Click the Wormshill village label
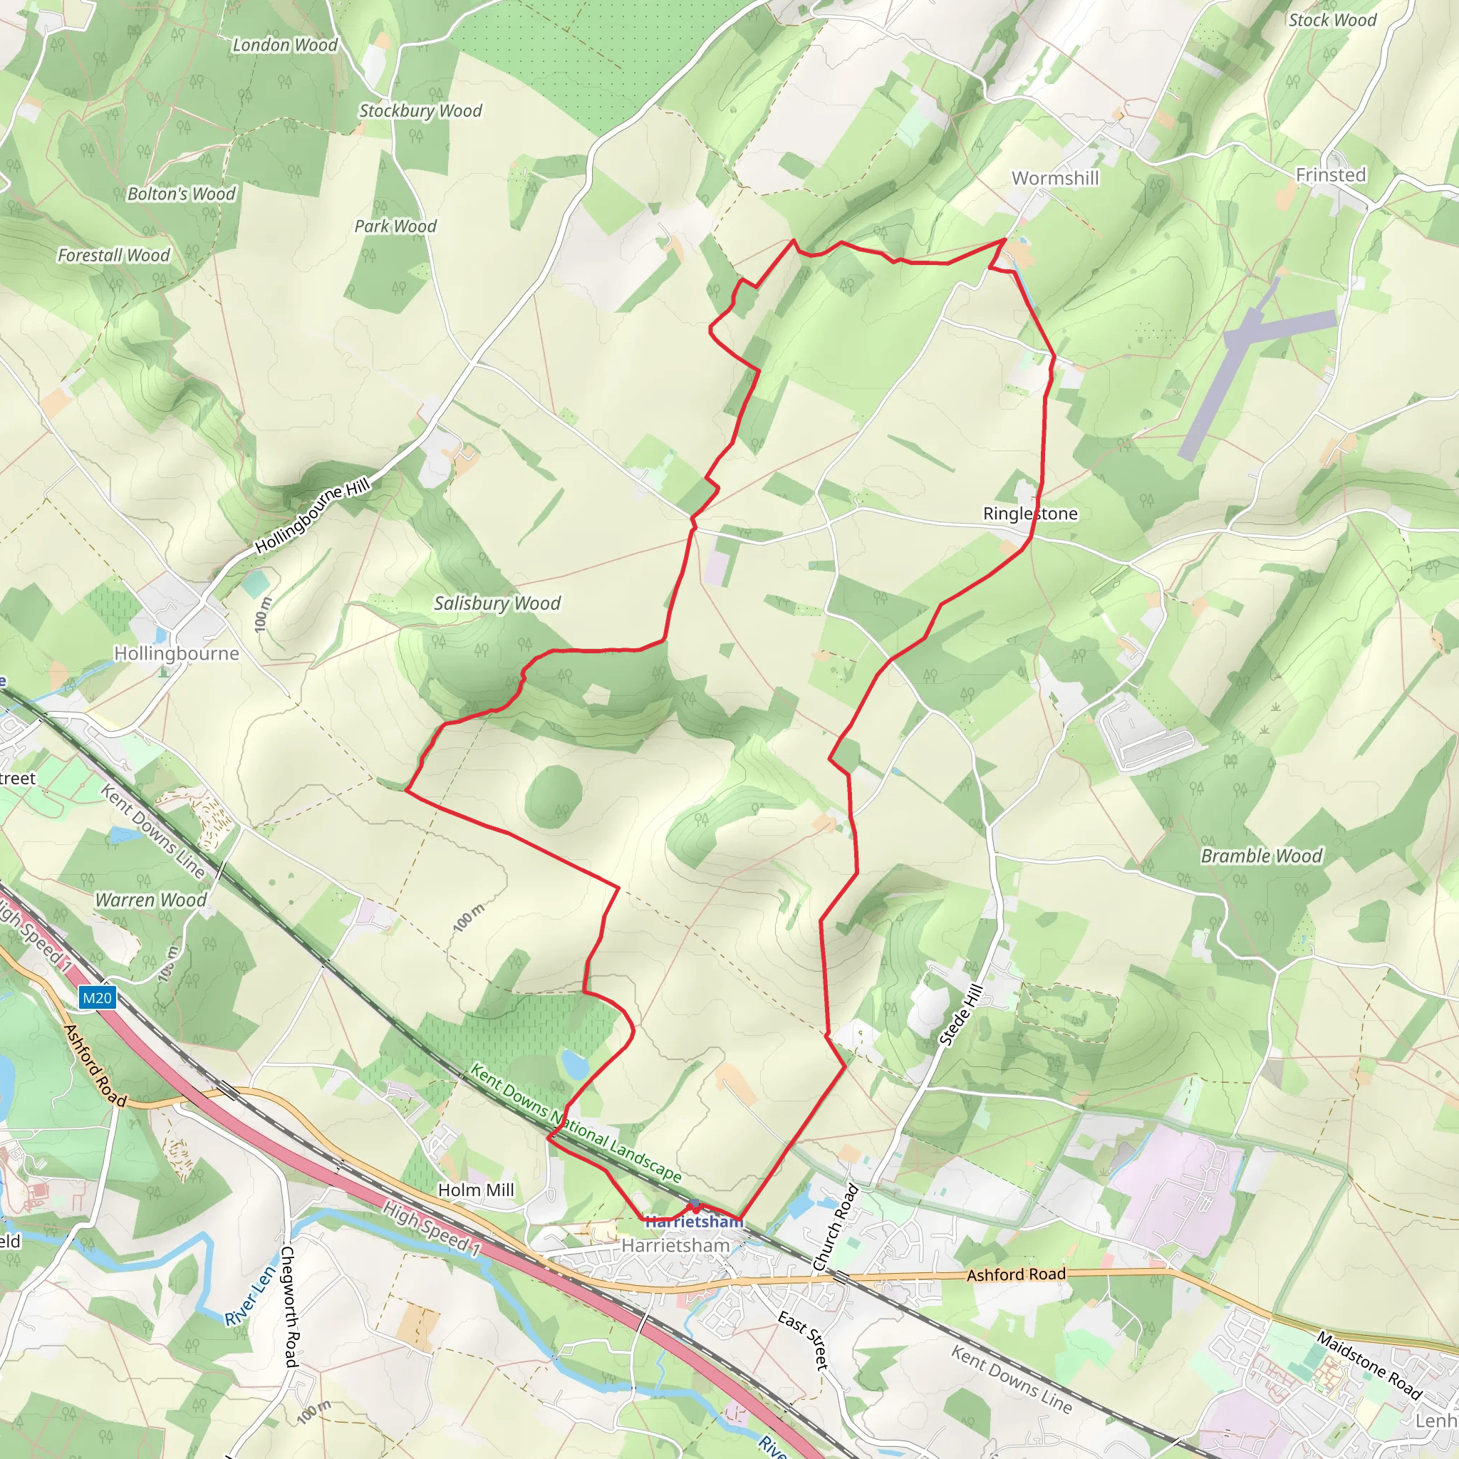[x=1055, y=178]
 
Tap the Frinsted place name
[x=1331, y=175]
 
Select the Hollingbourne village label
[x=177, y=653]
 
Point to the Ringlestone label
[x=1030, y=514]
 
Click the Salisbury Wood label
[x=497, y=603]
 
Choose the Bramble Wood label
[x=1261, y=856]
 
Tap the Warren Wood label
[x=150, y=900]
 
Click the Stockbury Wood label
[x=420, y=111]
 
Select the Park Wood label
[x=395, y=227]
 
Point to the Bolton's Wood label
[x=181, y=194]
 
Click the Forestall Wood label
[x=114, y=255]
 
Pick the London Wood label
[x=285, y=46]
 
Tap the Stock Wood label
[x=1332, y=21]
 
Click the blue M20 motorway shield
[x=97, y=998]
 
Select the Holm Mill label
[x=476, y=1190]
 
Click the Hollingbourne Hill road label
[x=313, y=515]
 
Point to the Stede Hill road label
[x=961, y=1015]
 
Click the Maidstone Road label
[x=1369, y=1366]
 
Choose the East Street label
[x=804, y=1341]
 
